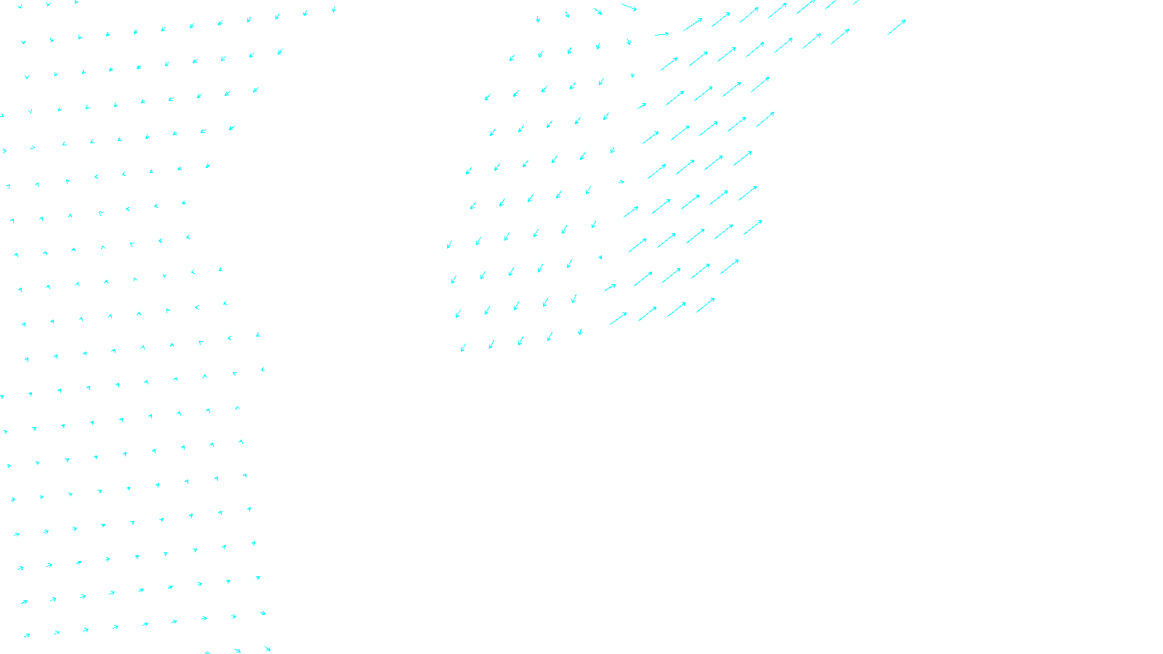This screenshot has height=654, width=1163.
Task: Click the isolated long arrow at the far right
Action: tap(896, 28)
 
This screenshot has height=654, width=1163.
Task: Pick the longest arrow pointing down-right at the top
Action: tap(629, 7)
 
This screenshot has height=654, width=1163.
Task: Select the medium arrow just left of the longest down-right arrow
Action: tap(597, 11)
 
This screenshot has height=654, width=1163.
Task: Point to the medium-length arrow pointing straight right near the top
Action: tap(661, 34)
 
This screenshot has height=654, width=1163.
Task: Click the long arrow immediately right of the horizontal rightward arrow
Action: tap(693, 25)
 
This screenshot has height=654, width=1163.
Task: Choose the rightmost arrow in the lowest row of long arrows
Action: tap(706, 305)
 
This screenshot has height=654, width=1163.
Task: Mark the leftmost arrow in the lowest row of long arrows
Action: tap(618, 318)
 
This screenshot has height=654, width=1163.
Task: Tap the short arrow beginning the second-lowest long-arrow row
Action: tap(611, 287)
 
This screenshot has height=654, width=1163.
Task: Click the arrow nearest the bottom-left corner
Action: tap(27, 635)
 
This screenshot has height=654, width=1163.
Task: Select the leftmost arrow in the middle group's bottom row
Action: tap(463, 347)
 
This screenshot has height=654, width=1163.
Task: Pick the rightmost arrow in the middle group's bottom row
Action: tap(580, 332)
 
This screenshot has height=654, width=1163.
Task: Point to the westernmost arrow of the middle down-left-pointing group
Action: tap(449, 245)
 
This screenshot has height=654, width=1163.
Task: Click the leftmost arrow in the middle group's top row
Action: tap(538, 20)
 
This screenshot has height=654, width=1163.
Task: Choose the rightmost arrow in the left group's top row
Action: tap(334, 10)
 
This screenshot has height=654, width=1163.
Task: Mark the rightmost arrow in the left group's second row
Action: tap(280, 52)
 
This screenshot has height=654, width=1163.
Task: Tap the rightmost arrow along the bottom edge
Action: tap(267, 648)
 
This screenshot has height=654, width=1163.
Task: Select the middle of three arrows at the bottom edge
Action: tap(237, 650)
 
